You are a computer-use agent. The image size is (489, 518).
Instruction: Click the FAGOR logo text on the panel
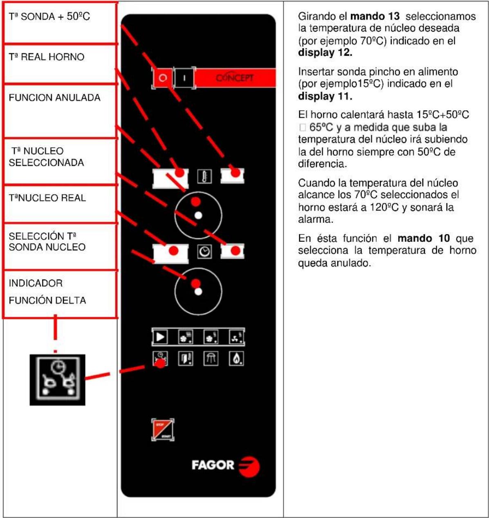point(213,465)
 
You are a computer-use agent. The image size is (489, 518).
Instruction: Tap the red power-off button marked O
point(163,78)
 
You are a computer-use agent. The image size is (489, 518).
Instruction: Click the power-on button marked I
point(184,78)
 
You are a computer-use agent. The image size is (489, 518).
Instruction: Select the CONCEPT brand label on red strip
point(235,78)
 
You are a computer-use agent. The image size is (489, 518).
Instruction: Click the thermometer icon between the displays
point(204,177)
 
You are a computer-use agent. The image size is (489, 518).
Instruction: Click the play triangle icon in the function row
point(160,337)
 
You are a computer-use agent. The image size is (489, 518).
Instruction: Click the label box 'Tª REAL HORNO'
point(47,57)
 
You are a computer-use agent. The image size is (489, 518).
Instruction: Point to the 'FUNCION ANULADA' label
point(54,98)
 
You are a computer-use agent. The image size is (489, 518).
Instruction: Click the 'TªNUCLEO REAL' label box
point(47,198)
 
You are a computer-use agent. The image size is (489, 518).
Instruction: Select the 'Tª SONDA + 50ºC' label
point(49,17)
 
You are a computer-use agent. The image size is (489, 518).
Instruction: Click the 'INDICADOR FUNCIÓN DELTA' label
point(47,292)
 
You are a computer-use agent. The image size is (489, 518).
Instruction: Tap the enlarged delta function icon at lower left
point(57,380)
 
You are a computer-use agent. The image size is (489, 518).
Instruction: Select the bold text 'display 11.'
point(325,96)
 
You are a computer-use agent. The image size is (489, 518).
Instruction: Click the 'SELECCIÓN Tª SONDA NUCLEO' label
point(47,241)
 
